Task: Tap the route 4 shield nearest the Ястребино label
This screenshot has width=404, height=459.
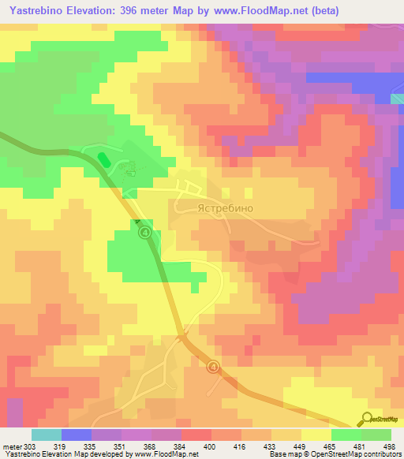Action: [144, 233]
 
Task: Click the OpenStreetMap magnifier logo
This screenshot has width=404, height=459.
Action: [367, 419]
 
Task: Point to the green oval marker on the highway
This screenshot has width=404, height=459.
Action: [103, 159]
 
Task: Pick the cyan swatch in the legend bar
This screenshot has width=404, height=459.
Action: [46, 435]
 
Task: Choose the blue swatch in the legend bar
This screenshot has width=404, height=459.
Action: [76, 435]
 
